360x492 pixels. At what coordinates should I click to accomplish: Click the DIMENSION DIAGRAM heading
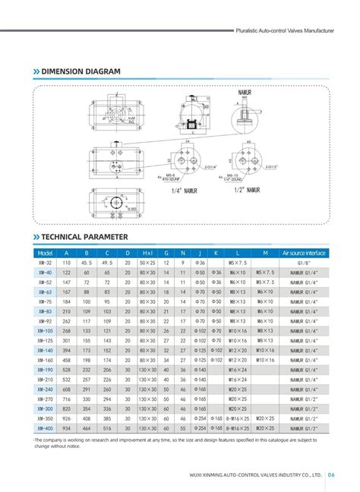coord(81,71)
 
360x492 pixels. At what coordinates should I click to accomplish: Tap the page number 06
coord(333,475)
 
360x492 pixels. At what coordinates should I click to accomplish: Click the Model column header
coord(44,252)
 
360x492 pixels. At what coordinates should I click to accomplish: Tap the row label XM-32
coord(44,262)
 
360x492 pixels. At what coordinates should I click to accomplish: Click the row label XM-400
coord(44,428)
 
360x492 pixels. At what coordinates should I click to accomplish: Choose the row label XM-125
coord(44,340)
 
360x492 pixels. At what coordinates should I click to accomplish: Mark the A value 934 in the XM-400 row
coord(66,428)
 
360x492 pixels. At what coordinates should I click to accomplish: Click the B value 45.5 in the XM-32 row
coord(87,262)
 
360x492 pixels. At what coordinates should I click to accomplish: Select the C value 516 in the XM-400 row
coord(107,428)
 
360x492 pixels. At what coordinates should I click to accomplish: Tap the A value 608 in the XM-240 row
coord(66,389)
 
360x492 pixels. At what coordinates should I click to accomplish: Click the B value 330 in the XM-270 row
coord(87,399)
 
